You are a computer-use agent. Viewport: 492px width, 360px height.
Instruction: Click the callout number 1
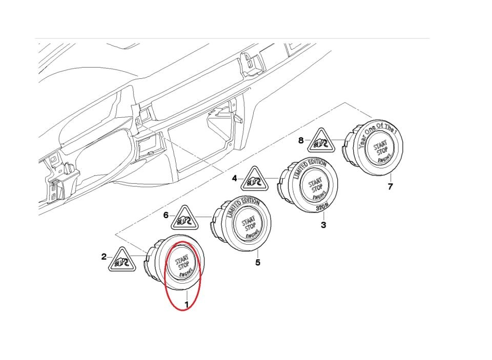click(x=187, y=304)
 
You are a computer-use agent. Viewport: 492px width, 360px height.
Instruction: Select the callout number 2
click(x=104, y=257)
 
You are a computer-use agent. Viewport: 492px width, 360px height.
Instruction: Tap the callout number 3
click(x=323, y=224)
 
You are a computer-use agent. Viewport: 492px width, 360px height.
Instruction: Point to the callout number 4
click(x=234, y=179)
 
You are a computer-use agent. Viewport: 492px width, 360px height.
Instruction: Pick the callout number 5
click(x=258, y=263)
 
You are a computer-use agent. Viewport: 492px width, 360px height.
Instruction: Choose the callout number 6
click(x=166, y=215)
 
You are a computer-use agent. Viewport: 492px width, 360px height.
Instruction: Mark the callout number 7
click(x=390, y=186)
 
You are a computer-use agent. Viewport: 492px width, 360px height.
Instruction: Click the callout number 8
click(x=301, y=139)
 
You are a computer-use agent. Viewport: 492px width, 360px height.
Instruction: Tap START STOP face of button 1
click(x=183, y=261)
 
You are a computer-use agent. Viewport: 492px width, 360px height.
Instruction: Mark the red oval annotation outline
click(x=165, y=277)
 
